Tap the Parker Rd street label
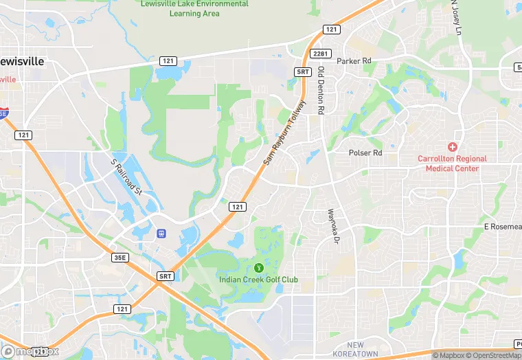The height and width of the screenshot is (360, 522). point(354,61)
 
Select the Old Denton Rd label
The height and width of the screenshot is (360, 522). point(321,90)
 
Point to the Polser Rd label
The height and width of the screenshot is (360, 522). point(365,153)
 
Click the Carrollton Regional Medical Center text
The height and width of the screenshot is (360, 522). point(452,164)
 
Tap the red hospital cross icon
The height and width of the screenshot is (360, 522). point(452,147)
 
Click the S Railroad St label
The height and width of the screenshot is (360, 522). point(126,177)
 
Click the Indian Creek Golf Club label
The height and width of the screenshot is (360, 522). point(258,280)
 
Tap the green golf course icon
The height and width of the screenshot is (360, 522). point(259,267)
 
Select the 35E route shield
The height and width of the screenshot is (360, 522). point(121,258)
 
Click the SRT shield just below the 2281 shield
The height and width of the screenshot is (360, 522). point(303,71)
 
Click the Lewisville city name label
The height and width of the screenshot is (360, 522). point(22,61)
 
